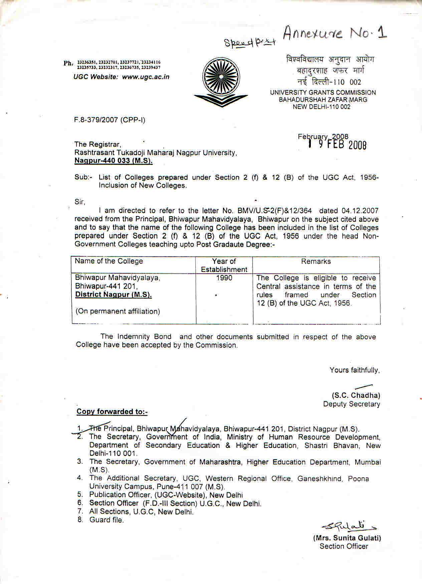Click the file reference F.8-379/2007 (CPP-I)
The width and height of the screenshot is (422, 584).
point(110,120)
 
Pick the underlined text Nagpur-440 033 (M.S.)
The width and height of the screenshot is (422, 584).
point(114,161)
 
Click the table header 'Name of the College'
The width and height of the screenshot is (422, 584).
point(109,261)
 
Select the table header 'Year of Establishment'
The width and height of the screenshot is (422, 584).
point(224,265)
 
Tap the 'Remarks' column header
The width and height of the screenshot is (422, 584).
point(316,261)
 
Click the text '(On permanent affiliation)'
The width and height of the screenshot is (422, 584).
point(118,311)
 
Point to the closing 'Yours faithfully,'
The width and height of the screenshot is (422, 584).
point(355,370)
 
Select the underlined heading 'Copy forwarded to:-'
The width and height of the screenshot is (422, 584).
point(112,412)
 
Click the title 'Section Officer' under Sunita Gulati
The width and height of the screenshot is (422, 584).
point(344,546)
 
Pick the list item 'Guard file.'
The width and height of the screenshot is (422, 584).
point(107,520)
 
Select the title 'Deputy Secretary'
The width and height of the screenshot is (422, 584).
point(352,404)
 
